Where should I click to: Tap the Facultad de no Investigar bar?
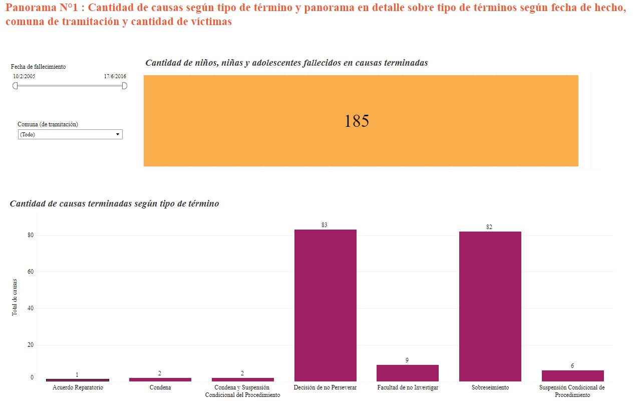(407, 373)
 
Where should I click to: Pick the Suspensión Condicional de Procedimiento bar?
(572, 375)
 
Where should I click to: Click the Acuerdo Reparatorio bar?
(77, 380)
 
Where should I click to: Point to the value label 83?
(325, 225)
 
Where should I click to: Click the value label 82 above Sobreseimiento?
(489, 227)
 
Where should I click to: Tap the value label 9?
(407, 360)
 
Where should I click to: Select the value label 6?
(572, 366)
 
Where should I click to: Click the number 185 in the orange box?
(357, 121)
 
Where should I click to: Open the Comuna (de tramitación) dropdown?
(70, 134)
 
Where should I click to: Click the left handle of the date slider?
(15, 86)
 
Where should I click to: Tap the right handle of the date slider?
(125, 86)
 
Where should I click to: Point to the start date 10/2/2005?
(24, 76)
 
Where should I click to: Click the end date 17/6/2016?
(115, 76)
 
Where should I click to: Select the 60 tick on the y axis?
(30, 272)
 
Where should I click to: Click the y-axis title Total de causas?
(15, 297)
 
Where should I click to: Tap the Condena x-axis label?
(160, 388)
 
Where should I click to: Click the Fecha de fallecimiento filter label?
(38, 67)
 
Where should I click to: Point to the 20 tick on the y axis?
(30, 345)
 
